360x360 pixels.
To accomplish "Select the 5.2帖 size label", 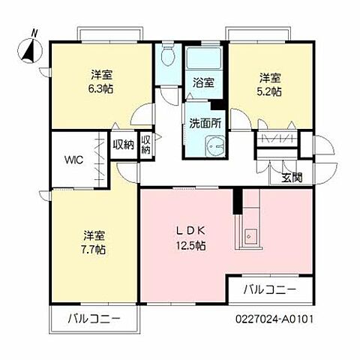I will (x=271, y=91).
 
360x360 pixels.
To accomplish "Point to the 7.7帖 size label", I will (x=94, y=248).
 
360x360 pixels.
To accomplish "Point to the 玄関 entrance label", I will (x=292, y=178).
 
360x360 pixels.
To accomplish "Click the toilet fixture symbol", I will (x=168, y=57).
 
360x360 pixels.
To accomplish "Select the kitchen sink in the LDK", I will (x=250, y=237).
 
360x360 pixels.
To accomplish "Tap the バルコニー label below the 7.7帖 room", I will (x=94, y=318).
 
